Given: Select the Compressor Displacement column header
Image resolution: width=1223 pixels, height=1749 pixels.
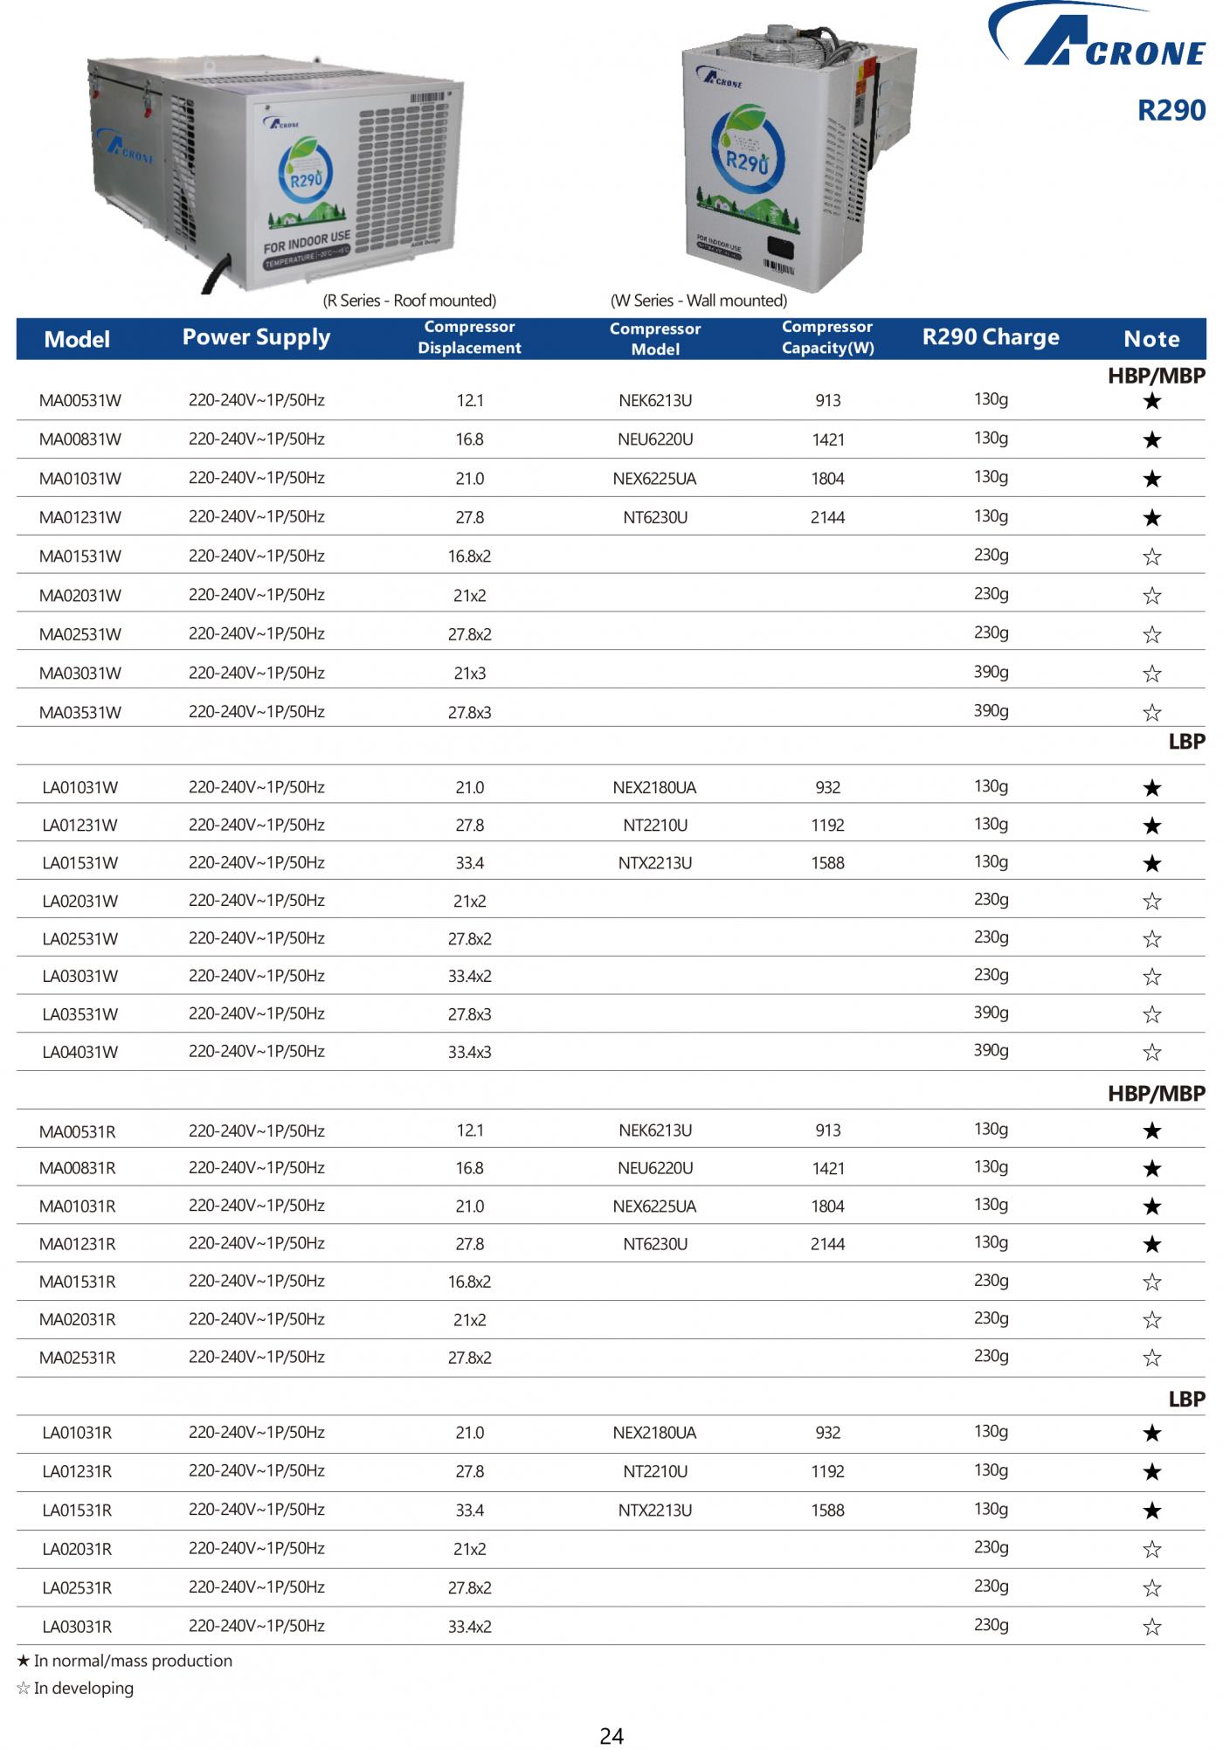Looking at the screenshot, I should (x=469, y=337).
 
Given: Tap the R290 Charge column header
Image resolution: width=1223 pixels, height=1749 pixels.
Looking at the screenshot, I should (x=991, y=337).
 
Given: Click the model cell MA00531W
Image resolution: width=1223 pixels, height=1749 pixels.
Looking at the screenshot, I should (x=80, y=401).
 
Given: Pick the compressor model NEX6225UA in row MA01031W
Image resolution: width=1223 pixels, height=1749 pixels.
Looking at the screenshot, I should (x=655, y=479).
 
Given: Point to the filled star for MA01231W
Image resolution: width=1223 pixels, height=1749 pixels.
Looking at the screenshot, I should (x=1152, y=518).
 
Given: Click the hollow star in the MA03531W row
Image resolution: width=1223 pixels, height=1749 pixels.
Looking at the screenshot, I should (x=1152, y=712).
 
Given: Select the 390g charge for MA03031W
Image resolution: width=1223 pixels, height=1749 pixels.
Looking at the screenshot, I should (x=991, y=672).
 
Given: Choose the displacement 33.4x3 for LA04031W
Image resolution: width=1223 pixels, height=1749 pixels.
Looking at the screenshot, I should (x=469, y=1052).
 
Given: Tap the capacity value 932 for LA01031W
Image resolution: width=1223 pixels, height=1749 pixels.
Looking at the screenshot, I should (x=827, y=787).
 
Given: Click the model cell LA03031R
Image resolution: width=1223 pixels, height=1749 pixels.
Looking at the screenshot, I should (x=77, y=1626).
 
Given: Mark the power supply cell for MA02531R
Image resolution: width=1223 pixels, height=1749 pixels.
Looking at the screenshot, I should (x=256, y=1357).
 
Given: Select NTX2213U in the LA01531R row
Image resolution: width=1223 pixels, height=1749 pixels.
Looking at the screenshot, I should (x=655, y=1510).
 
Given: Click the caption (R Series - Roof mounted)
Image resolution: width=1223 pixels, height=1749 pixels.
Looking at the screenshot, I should (x=410, y=301).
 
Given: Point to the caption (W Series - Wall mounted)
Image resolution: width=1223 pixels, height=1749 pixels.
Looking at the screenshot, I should (x=699, y=301).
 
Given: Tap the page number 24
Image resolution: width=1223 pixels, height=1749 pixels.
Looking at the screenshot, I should (x=611, y=1735).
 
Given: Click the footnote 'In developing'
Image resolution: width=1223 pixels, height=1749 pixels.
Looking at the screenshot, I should (x=83, y=1688).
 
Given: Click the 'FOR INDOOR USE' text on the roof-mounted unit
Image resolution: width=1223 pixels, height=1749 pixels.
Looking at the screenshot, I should (x=307, y=241).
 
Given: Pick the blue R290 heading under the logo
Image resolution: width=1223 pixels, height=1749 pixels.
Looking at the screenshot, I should (x=1171, y=110).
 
